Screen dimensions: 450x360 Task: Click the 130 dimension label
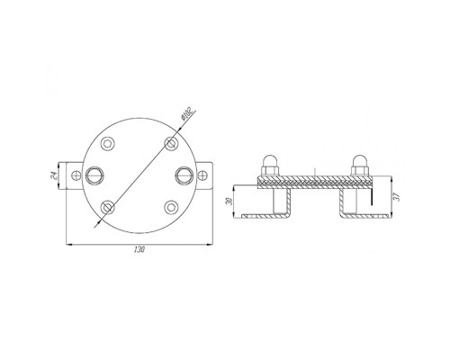139,249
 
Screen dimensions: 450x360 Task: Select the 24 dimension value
53,175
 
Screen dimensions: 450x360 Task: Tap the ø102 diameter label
186,113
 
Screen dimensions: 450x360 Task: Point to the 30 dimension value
229,202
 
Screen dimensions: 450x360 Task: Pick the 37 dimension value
397,197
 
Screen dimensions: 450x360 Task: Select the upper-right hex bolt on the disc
171,142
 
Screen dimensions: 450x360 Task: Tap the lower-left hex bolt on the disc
108,207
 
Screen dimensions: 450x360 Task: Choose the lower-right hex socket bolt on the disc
171,206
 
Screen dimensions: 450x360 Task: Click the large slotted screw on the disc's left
94,175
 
